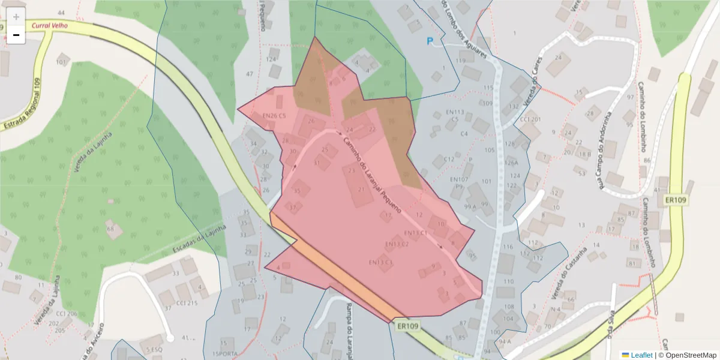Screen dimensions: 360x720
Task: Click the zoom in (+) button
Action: [x=16, y=17]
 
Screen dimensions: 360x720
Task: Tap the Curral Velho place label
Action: [x=49, y=26]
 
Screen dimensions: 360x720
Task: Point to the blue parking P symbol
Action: [x=430, y=41]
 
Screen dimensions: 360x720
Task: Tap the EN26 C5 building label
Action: [x=274, y=116]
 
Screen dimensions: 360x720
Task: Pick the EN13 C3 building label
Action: [x=380, y=262]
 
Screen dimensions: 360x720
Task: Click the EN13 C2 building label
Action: [x=397, y=244]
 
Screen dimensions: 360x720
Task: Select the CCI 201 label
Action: [x=530, y=119]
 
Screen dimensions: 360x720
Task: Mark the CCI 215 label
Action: [x=186, y=303]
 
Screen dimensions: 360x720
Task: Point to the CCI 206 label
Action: [x=67, y=314]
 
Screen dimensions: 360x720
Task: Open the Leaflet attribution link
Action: [x=641, y=355]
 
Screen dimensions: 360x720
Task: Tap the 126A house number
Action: [x=511, y=163]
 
